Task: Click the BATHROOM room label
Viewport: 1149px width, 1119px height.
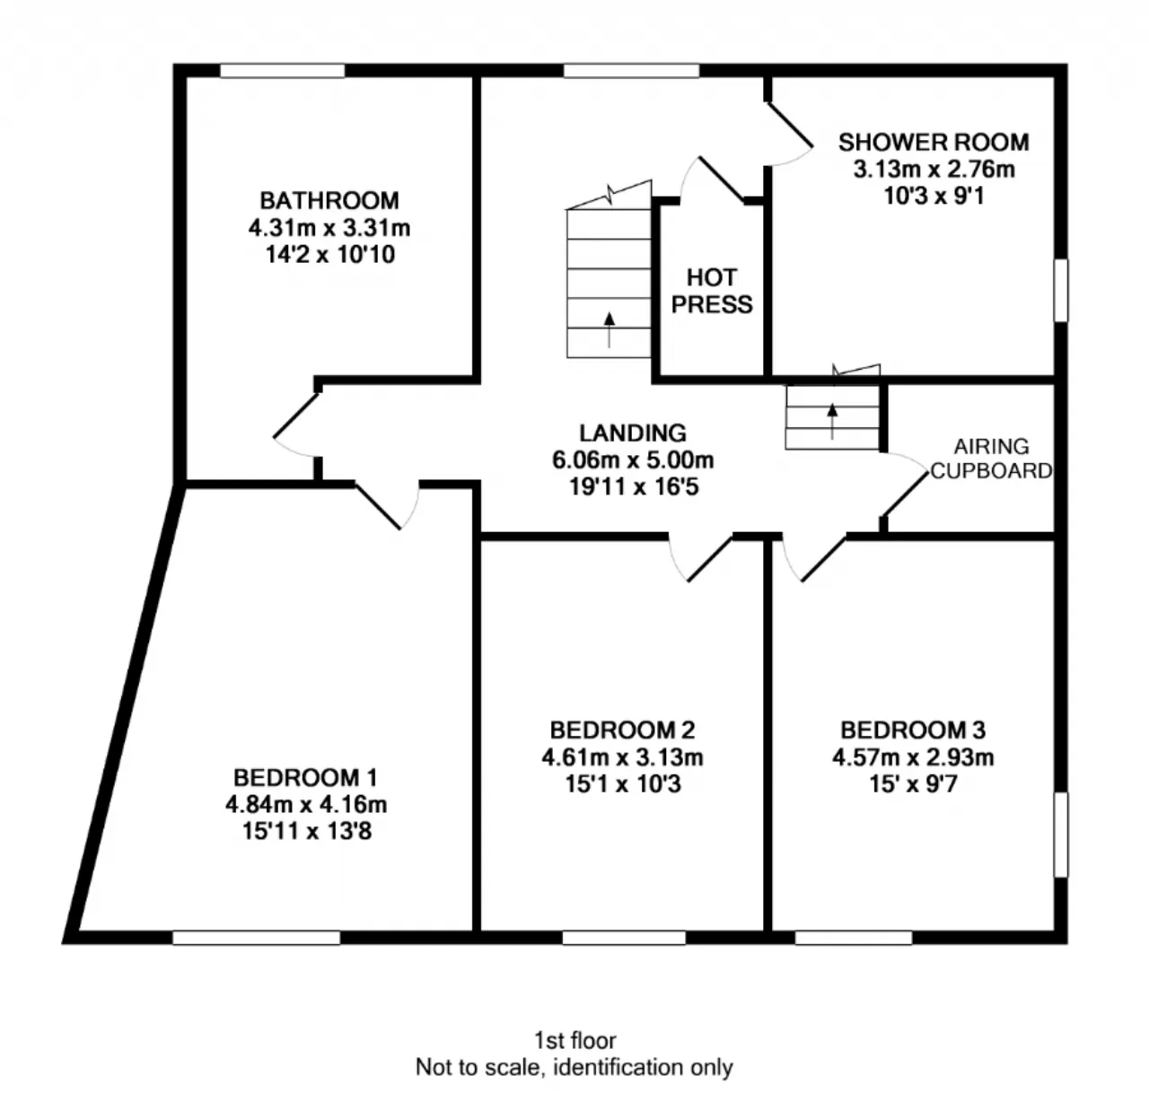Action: pos(329,201)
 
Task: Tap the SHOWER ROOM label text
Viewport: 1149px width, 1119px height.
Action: pos(934,143)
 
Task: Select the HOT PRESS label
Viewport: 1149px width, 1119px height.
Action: pos(712,291)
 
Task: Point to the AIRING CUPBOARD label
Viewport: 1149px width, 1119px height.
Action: pos(991,459)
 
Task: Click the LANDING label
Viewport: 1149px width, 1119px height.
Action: pos(632,433)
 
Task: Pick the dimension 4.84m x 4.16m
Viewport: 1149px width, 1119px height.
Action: pos(306,804)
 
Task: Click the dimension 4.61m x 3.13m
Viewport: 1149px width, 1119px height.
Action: pos(622,756)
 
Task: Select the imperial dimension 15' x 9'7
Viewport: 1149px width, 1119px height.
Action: pos(913,783)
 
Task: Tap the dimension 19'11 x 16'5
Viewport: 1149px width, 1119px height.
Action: pos(634,487)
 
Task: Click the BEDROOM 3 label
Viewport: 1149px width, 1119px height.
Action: pos(913,730)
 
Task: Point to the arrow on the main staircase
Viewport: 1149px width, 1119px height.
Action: pos(610,329)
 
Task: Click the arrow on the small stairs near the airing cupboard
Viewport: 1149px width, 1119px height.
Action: pos(832,422)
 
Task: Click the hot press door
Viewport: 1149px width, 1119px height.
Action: pos(712,179)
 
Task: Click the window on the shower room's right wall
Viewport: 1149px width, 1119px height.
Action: pos(1061,291)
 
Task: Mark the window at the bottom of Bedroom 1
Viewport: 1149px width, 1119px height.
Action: pos(256,937)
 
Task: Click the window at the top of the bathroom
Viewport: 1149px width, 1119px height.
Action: pos(282,71)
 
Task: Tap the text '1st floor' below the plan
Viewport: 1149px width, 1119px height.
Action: pos(574,1041)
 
